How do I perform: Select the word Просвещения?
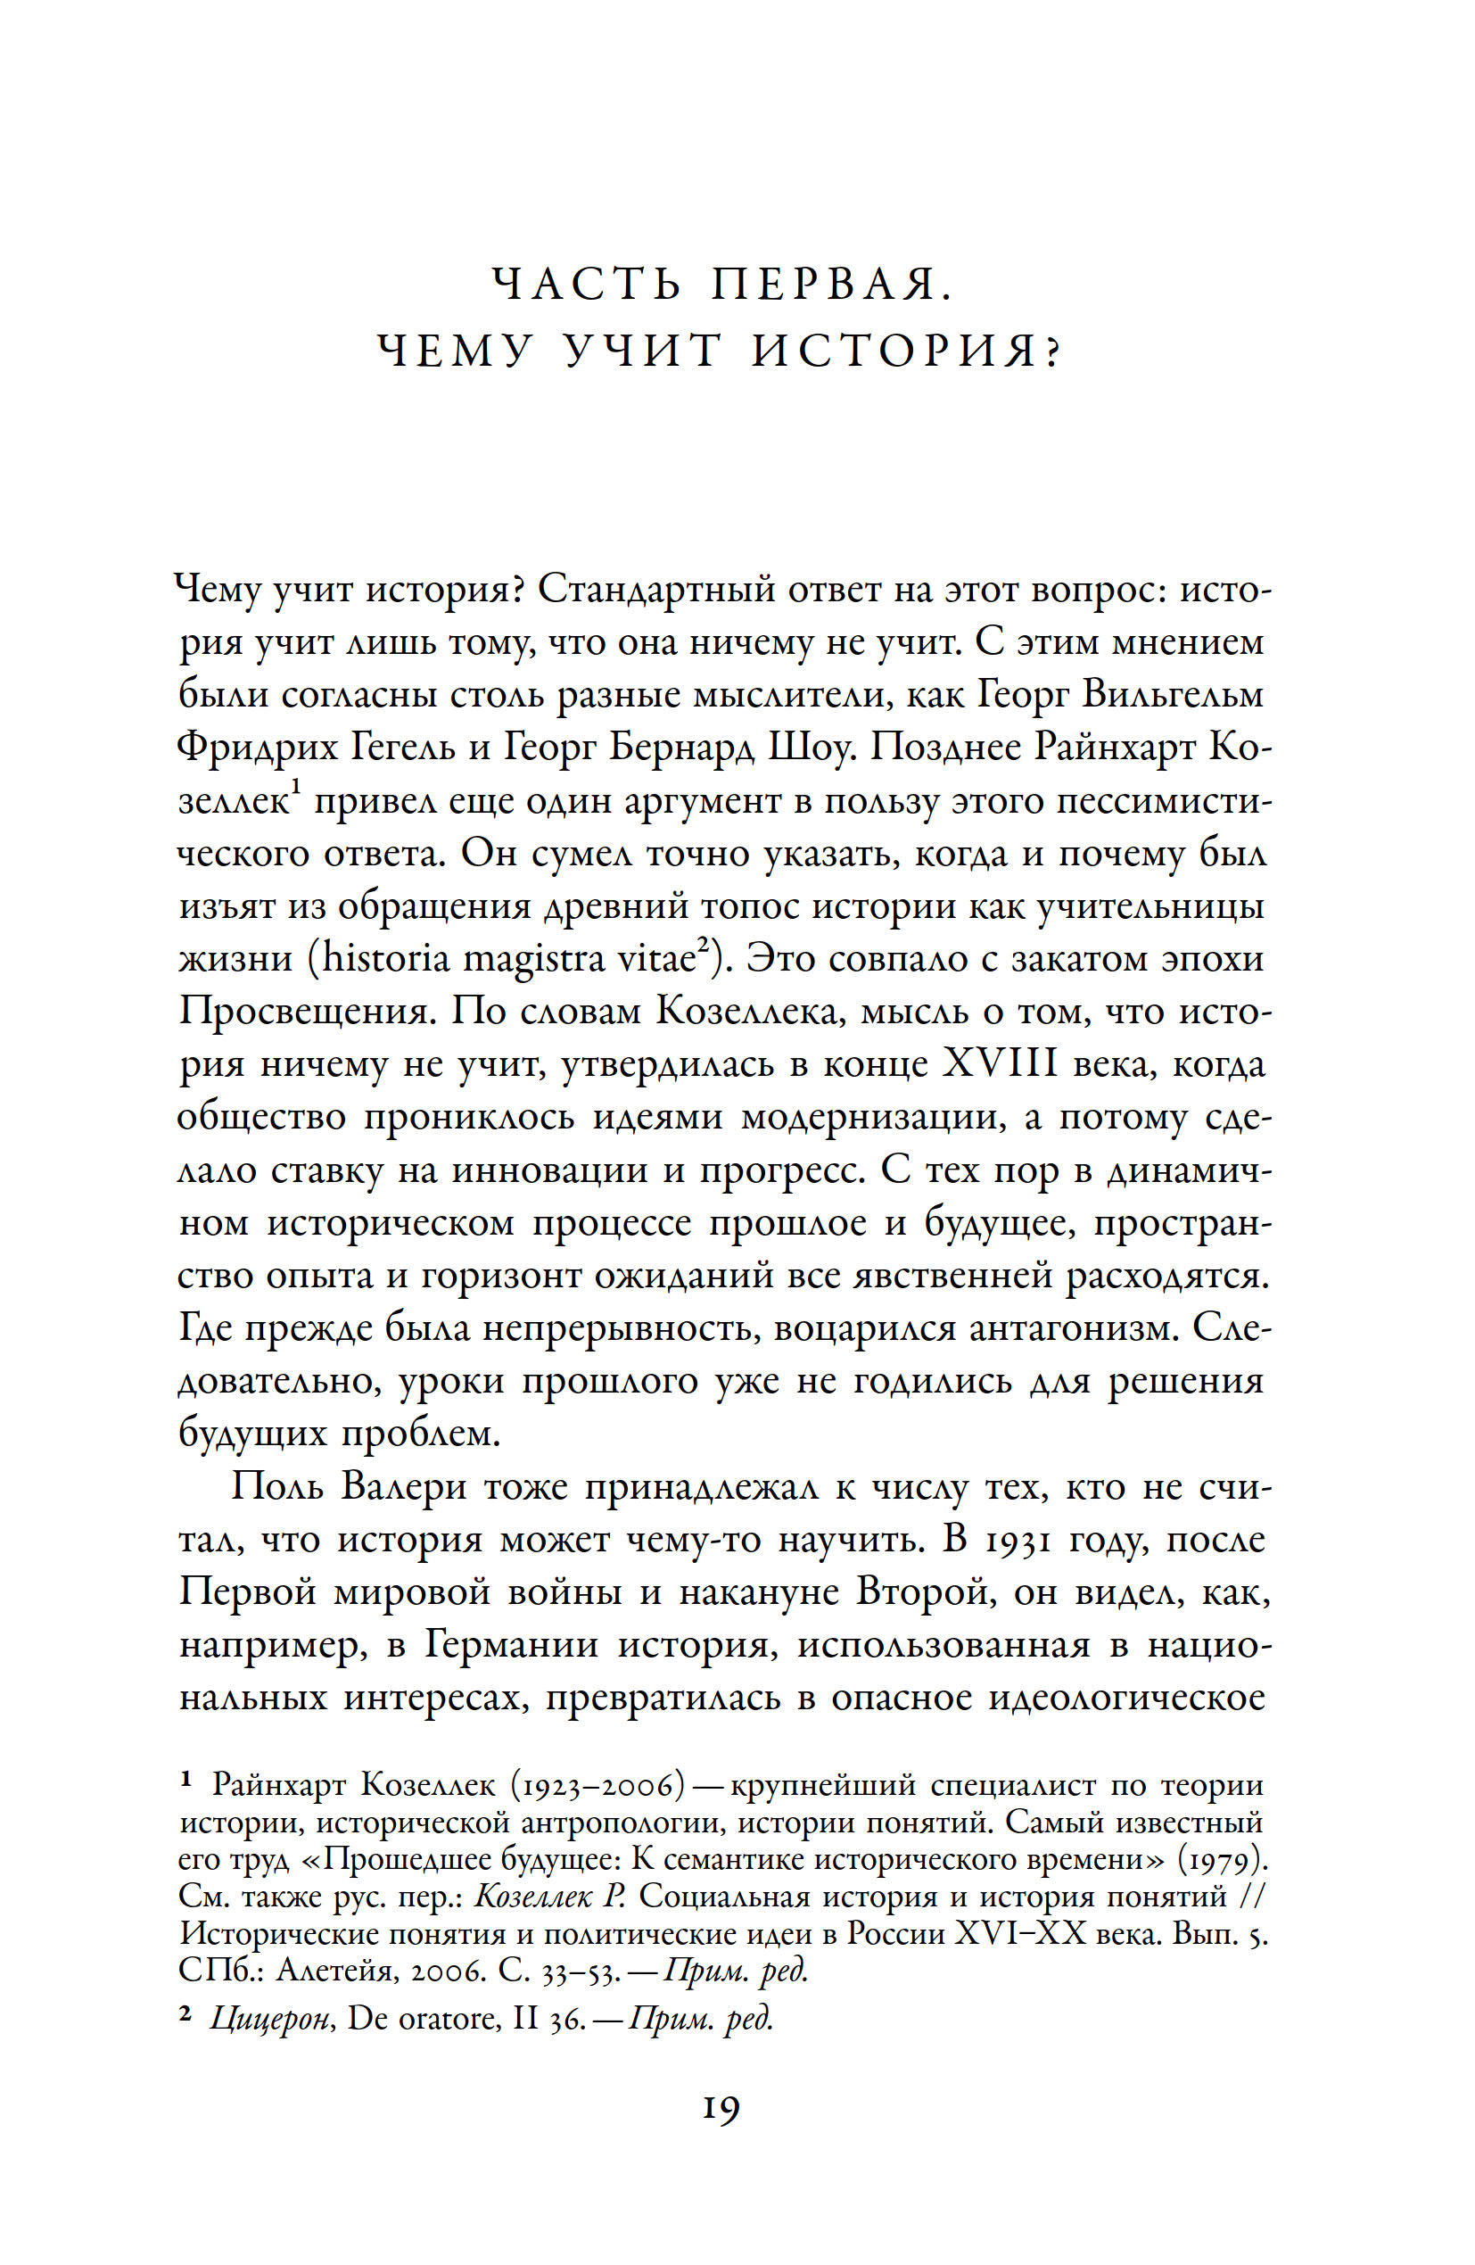[x=306, y=1012]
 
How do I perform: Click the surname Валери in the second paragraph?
[x=402, y=1486]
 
